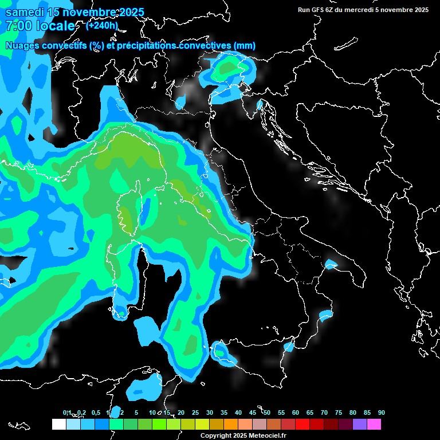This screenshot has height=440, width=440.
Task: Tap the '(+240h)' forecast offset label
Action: [102, 25]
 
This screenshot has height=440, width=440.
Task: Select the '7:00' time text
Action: [18, 26]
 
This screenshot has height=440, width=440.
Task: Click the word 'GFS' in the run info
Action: [323, 10]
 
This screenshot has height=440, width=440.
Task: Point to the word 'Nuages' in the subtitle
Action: [23, 46]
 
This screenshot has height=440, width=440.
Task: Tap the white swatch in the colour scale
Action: [58, 425]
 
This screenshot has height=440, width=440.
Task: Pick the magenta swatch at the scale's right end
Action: [374, 425]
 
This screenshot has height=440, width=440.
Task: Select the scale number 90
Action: [382, 412]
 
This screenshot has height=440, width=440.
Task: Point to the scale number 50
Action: [267, 412]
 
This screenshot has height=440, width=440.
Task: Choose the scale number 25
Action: [195, 412]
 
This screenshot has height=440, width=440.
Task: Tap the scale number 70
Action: [324, 412]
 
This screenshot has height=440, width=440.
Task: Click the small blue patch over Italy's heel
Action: [331, 265]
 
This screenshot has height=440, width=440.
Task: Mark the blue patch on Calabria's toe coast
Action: [326, 315]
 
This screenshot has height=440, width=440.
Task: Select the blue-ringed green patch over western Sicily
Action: [222, 352]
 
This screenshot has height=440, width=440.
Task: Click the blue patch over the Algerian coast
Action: [143, 388]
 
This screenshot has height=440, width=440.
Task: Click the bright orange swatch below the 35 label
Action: [231, 425]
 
